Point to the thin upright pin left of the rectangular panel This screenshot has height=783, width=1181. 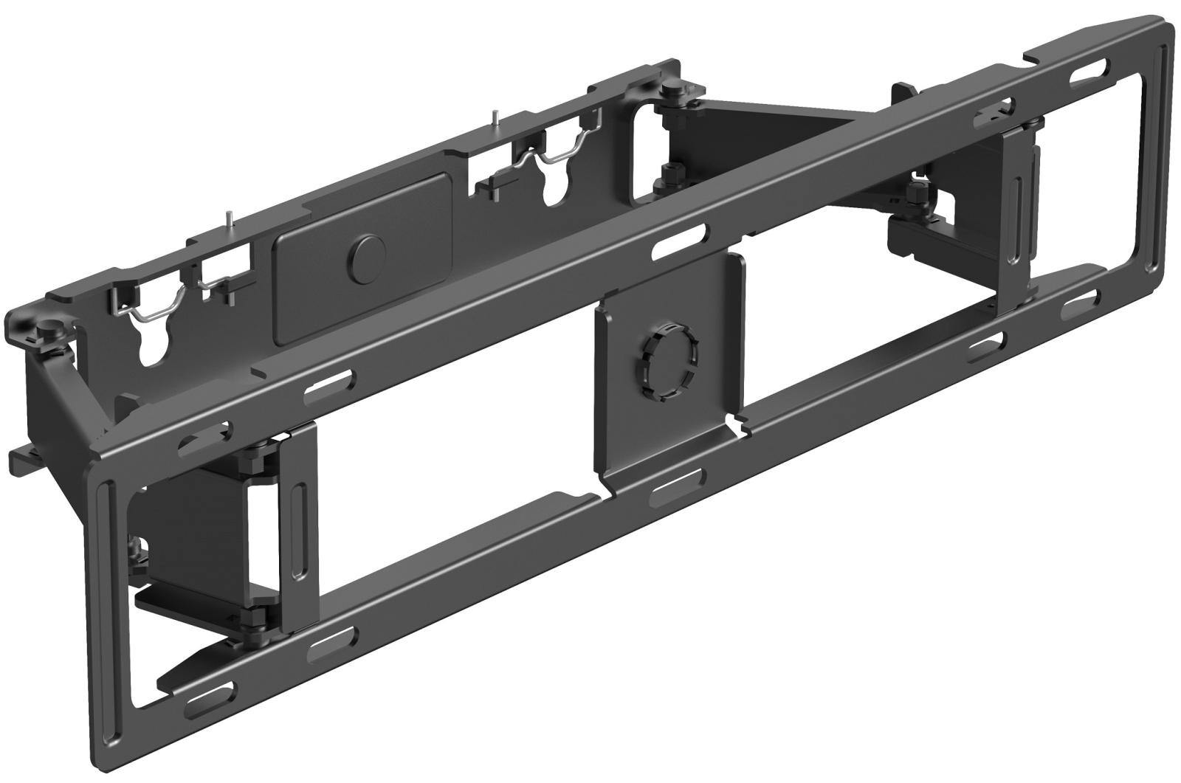(230, 220)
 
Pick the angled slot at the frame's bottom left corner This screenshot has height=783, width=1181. (210, 694)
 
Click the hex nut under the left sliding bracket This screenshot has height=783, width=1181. (257, 616)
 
